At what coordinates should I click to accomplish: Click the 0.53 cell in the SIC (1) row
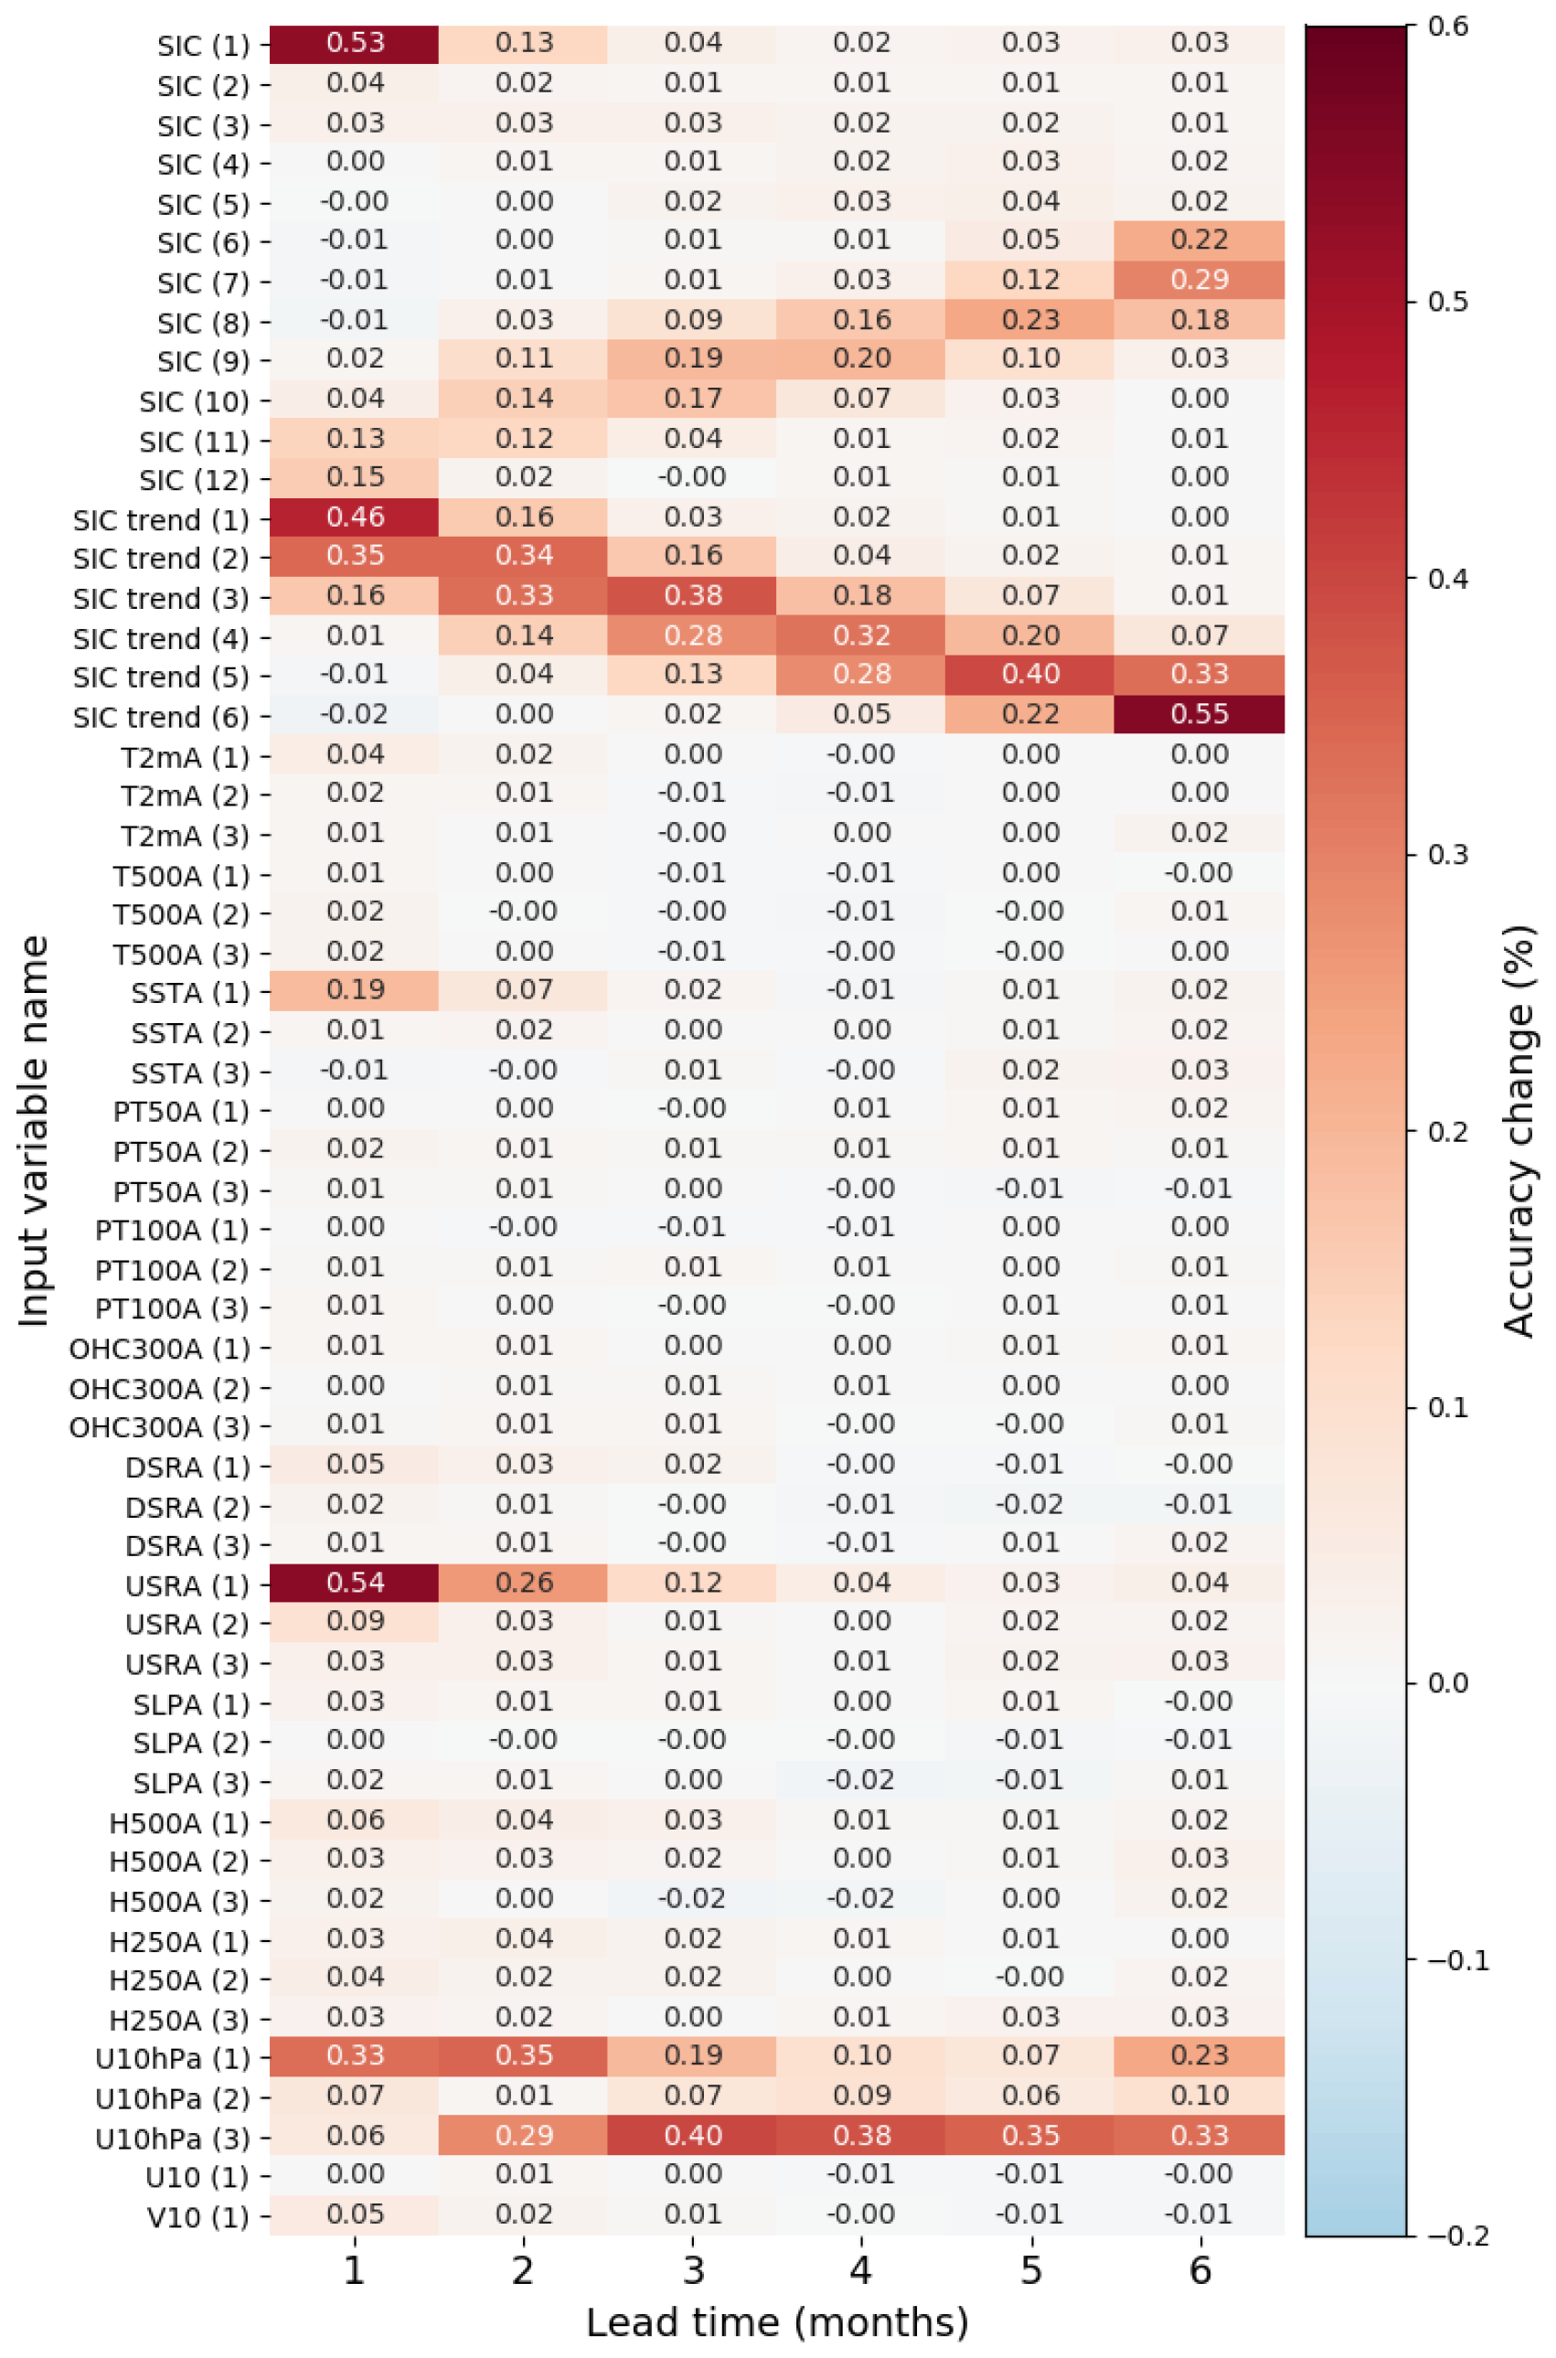(355, 44)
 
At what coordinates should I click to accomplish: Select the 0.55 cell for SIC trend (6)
(1199, 715)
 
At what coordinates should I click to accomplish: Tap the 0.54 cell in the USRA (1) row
(355, 1583)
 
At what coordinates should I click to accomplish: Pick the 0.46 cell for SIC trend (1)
(355, 517)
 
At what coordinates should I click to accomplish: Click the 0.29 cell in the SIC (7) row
(1199, 280)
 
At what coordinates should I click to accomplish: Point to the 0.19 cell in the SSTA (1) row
(355, 990)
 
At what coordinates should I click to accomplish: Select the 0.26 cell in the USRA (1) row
(523, 1583)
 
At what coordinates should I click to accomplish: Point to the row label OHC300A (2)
(159, 1387)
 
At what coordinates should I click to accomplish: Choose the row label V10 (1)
(197, 2216)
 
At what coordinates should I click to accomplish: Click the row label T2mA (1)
(185, 757)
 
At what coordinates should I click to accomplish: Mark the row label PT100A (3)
(172, 1308)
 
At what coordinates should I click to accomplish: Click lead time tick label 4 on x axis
(861, 2269)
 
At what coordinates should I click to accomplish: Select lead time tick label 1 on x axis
(355, 2269)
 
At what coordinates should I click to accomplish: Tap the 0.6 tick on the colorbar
(1448, 26)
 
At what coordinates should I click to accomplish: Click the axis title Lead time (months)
(777, 2323)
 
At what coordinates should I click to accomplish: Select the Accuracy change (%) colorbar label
(1519, 1131)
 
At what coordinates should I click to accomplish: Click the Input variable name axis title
(34, 1131)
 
